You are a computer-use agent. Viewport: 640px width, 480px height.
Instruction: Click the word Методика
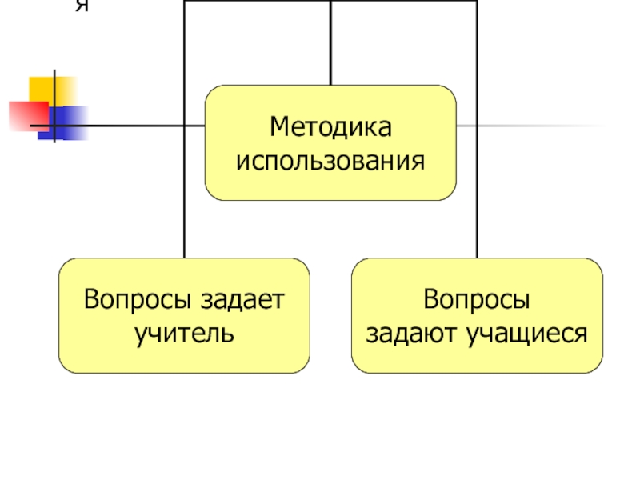[x=330, y=127]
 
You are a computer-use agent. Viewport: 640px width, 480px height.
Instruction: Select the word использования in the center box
[x=330, y=162]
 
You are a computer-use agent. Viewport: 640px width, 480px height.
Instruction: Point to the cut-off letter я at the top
[x=81, y=6]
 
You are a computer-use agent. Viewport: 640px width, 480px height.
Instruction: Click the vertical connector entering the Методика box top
[x=330, y=44]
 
